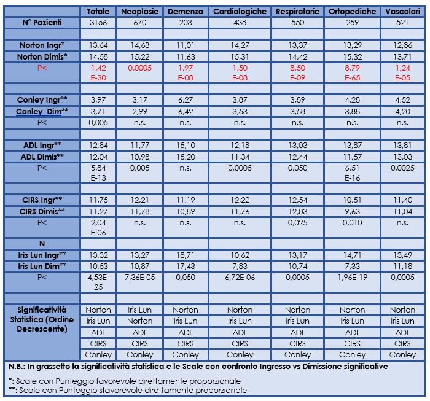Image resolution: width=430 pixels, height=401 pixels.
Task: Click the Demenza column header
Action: pos(186,11)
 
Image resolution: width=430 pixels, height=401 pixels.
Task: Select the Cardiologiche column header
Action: pos(240,11)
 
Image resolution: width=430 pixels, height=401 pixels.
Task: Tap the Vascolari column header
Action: pos(402,11)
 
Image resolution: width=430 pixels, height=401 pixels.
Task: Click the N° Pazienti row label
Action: pos(42,23)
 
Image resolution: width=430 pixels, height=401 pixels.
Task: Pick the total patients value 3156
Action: pos(98,23)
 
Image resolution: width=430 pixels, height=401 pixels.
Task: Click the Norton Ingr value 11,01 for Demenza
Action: pos(186,45)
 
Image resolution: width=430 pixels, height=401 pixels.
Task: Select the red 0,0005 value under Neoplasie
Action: pos(139,68)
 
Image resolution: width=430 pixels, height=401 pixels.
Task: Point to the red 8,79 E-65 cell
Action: pos(352,72)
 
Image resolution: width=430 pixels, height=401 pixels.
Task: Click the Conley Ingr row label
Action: pos(42,99)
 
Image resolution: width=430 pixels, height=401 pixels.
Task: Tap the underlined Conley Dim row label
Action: pos(42,111)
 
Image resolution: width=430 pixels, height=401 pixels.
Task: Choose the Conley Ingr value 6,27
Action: pos(186,99)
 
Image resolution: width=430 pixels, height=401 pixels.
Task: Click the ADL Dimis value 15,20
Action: pos(186,157)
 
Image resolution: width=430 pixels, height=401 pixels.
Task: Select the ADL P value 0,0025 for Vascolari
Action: pos(402,168)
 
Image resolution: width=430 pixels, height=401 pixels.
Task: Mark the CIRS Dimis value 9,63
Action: pos(352,211)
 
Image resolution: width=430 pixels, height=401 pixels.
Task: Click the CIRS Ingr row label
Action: pos(42,200)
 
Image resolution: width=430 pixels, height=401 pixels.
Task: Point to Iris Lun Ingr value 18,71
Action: pos(186,255)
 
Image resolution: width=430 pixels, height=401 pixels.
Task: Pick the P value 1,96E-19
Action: pos(352,277)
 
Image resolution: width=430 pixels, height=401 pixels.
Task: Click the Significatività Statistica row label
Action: pos(42,319)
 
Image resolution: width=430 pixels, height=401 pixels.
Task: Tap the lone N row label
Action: pos(42,243)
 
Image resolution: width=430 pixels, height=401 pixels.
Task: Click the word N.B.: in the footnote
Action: pos(17,366)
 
